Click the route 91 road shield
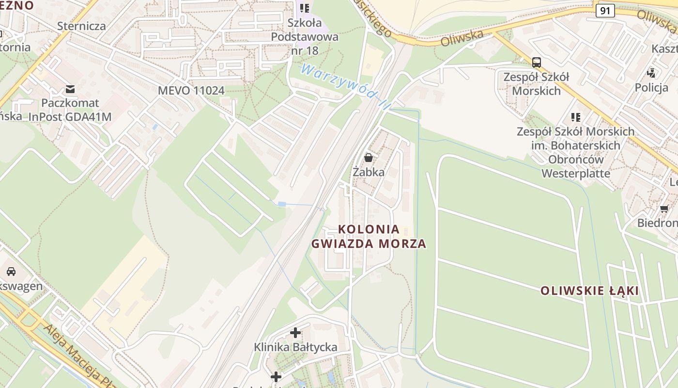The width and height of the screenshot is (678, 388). (605, 11)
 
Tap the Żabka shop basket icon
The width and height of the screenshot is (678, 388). (369, 158)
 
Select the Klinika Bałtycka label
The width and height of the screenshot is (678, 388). (295, 347)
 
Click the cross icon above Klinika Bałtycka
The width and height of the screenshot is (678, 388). (295, 333)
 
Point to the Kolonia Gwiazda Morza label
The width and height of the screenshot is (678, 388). (369, 236)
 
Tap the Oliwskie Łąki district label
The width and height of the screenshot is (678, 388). (589, 291)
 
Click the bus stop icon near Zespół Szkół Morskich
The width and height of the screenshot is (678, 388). (537, 63)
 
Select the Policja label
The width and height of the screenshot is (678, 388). (651, 87)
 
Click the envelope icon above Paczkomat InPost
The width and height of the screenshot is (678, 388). (70, 89)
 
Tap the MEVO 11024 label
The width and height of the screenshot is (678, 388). (191, 91)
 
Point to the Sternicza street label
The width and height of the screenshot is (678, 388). (81, 26)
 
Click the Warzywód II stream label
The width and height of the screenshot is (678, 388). (345, 86)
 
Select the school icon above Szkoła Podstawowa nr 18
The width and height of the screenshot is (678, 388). (305, 8)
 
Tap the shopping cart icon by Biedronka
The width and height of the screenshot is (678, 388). (664, 209)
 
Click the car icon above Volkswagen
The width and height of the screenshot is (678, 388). (11, 272)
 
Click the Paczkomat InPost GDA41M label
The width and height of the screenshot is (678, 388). (70, 110)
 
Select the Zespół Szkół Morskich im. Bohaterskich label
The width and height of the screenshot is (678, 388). (575, 152)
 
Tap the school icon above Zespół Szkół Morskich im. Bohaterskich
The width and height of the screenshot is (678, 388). (576, 117)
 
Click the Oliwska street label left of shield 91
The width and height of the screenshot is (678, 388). (462, 38)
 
